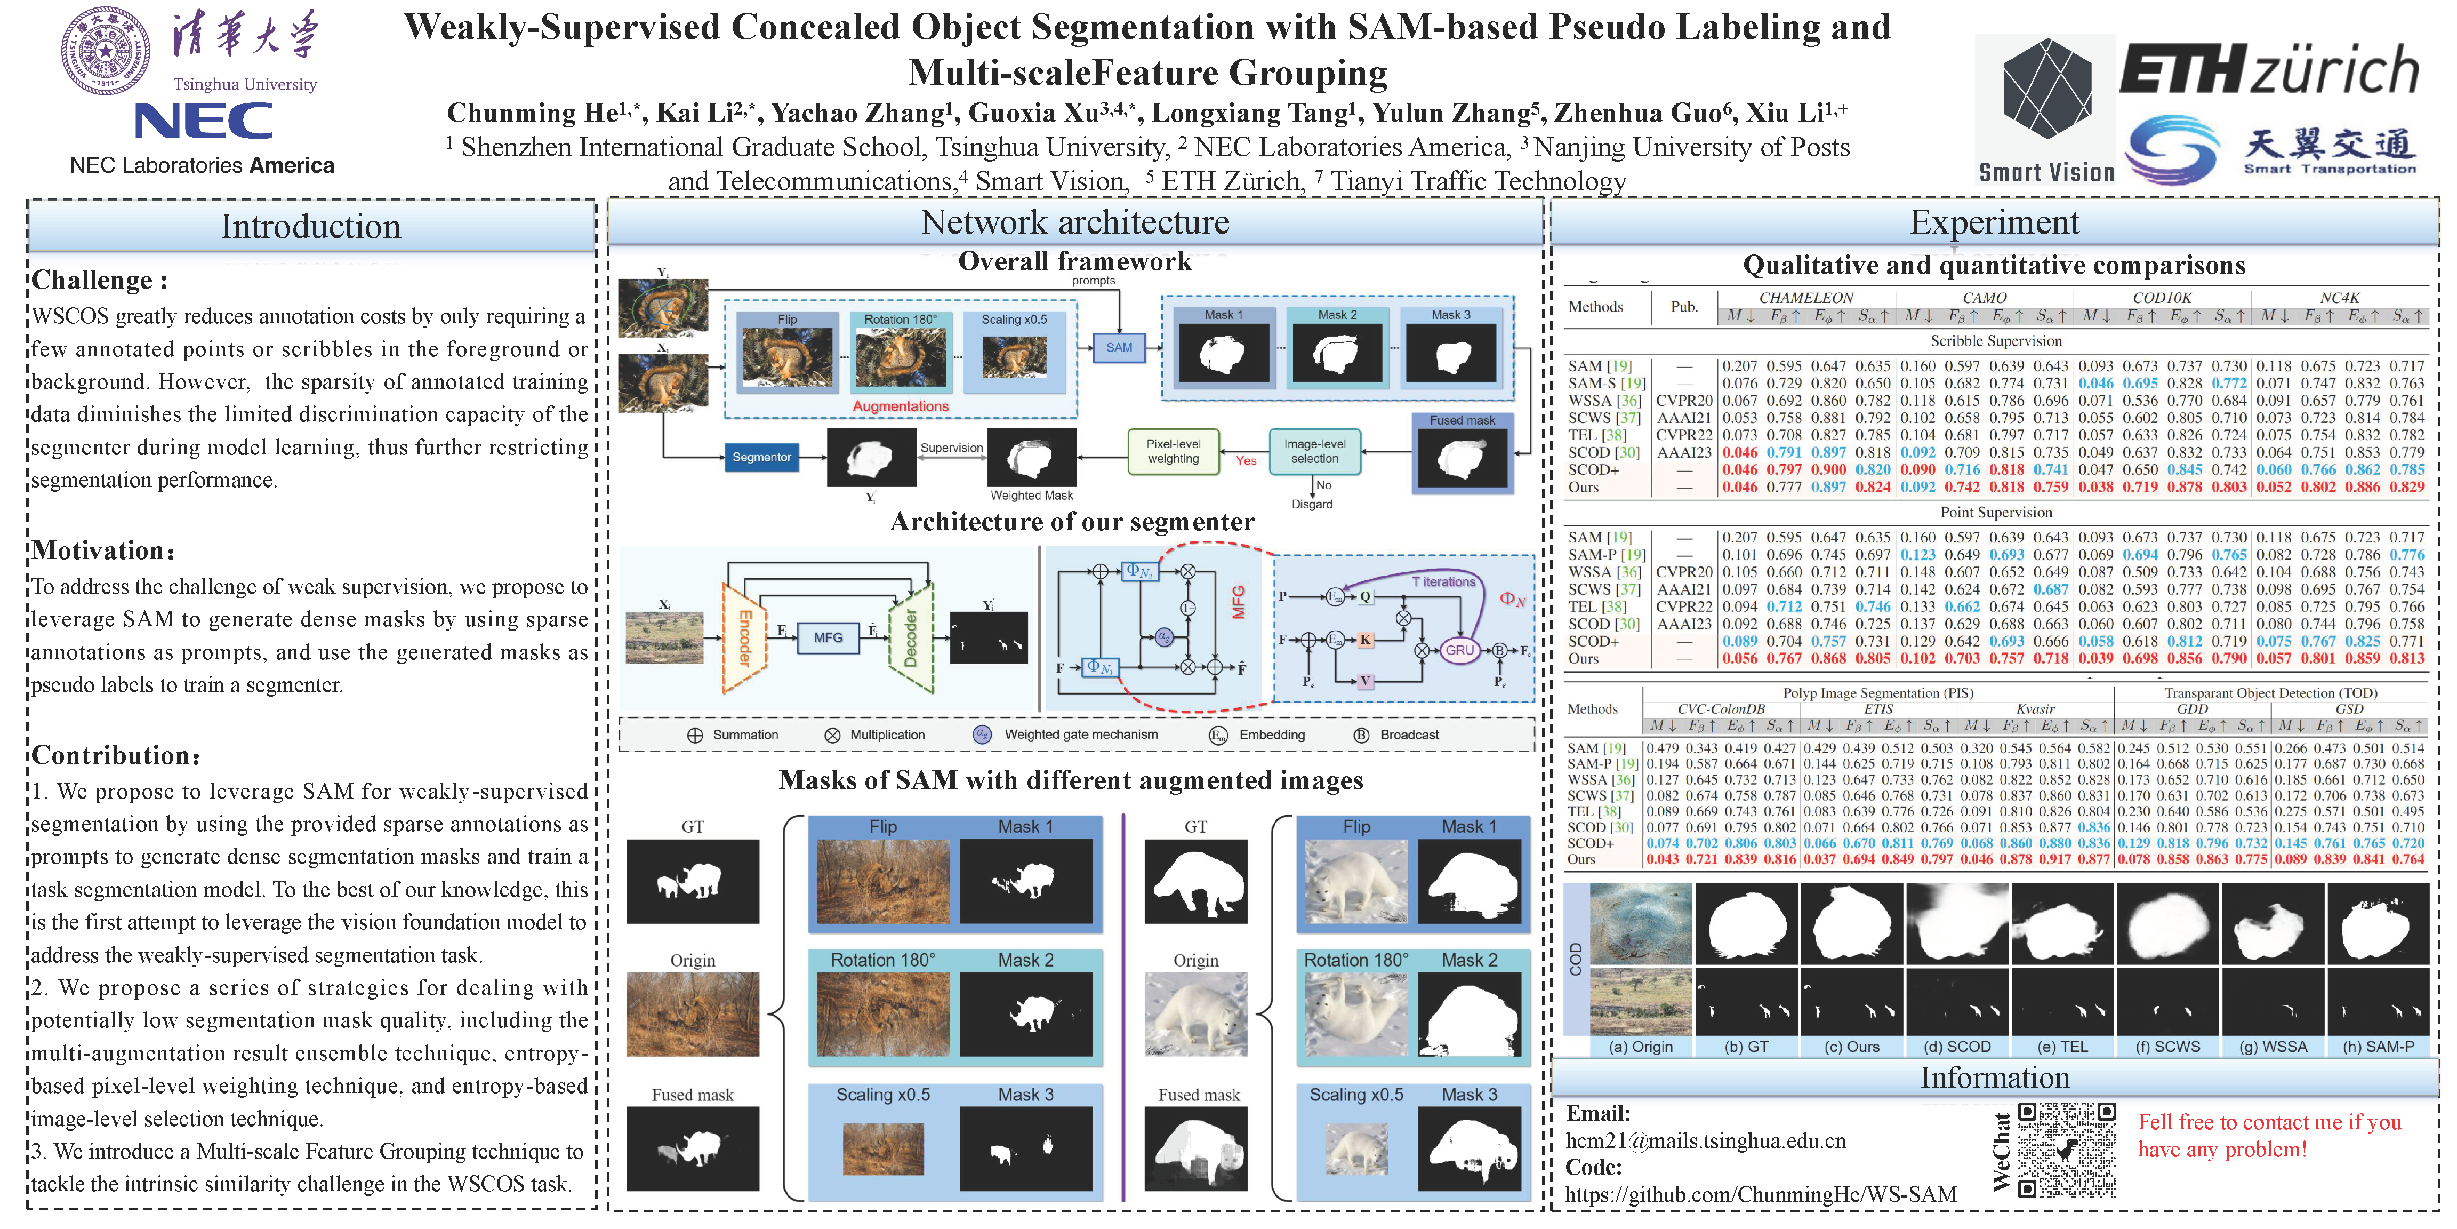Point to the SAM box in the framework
tap(1119, 347)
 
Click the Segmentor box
tap(761, 457)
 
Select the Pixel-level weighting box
tap(1173, 451)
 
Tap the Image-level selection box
tap(1314, 451)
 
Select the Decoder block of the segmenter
tap(910, 637)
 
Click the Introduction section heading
tap(311, 226)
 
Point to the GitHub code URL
tap(1760, 1194)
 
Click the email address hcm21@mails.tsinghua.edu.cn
tap(1705, 1141)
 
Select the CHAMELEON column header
tap(1805, 298)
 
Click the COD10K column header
tap(2162, 298)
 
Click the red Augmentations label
tap(901, 406)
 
